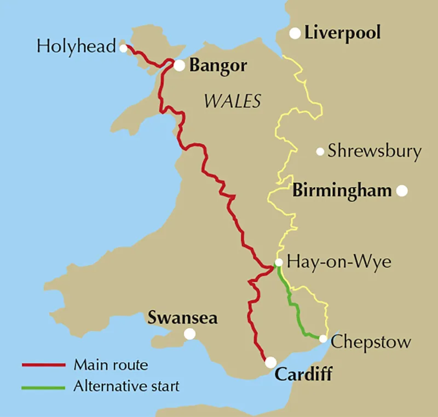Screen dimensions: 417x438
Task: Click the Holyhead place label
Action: pos(76,46)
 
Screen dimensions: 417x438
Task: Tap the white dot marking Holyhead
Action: pos(123,48)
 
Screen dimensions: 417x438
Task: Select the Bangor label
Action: pos(218,66)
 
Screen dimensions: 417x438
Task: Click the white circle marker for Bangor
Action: pos(180,65)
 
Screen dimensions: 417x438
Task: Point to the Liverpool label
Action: pos(342,33)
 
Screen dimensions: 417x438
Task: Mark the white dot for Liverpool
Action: pos(295,33)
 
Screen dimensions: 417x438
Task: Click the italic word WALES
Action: pos(232,101)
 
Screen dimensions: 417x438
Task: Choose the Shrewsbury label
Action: pos(374,151)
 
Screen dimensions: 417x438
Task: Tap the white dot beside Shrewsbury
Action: pos(320,151)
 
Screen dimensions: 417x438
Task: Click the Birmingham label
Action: pos(342,191)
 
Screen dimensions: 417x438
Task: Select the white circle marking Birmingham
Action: pos(402,191)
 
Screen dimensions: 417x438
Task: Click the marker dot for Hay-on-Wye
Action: pos(279,262)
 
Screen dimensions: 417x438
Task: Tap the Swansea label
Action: pos(183,318)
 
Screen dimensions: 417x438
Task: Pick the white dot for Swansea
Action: pos(190,333)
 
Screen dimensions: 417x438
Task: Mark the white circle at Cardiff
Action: pos(270,362)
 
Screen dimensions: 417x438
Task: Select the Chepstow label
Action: pos(371,342)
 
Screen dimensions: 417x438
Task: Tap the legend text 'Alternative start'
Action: pos(126,386)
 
